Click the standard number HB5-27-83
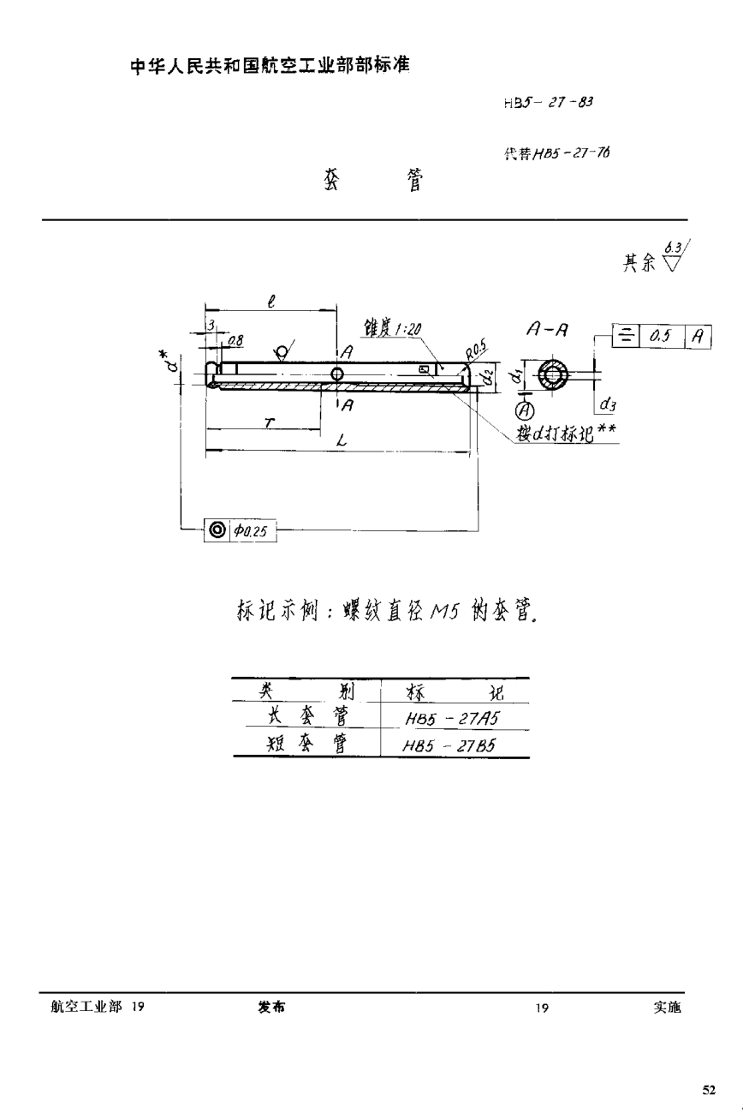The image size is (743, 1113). coord(549,102)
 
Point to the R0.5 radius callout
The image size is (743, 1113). coord(476,350)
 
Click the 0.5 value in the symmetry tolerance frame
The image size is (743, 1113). coord(660,337)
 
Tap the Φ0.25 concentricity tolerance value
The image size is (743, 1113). coord(250,531)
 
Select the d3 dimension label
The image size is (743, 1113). coord(607,403)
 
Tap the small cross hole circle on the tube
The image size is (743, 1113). coord(337,374)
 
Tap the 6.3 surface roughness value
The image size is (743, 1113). coord(674,248)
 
